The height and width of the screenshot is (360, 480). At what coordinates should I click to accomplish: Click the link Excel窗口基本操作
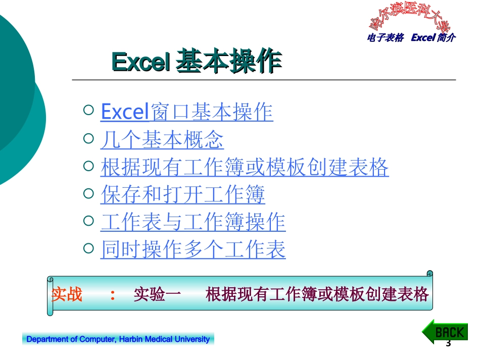(187, 112)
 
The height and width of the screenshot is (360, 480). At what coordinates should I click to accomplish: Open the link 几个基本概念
(162, 140)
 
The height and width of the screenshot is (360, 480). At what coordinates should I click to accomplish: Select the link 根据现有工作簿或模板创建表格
(245, 168)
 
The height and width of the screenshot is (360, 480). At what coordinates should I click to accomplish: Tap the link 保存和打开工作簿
(182, 195)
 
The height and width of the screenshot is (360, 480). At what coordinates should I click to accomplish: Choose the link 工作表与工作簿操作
(193, 222)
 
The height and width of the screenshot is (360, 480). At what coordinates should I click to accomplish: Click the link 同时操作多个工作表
(193, 249)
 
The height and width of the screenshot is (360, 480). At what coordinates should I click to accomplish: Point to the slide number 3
(448, 344)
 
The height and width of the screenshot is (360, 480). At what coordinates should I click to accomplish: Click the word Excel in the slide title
(139, 63)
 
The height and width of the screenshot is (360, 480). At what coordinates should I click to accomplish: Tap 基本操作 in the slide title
(228, 63)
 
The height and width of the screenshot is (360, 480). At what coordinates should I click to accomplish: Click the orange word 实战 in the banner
(67, 294)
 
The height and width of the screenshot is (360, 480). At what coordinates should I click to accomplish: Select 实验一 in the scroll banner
(157, 294)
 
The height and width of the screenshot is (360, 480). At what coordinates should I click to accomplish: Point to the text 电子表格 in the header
(386, 38)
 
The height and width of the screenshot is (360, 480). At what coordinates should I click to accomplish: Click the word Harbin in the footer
(130, 339)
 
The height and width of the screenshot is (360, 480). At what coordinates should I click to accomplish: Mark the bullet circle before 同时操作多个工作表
(88, 247)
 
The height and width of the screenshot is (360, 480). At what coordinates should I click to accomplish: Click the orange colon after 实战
(112, 295)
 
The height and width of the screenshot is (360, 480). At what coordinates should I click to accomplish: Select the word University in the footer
(191, 339)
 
